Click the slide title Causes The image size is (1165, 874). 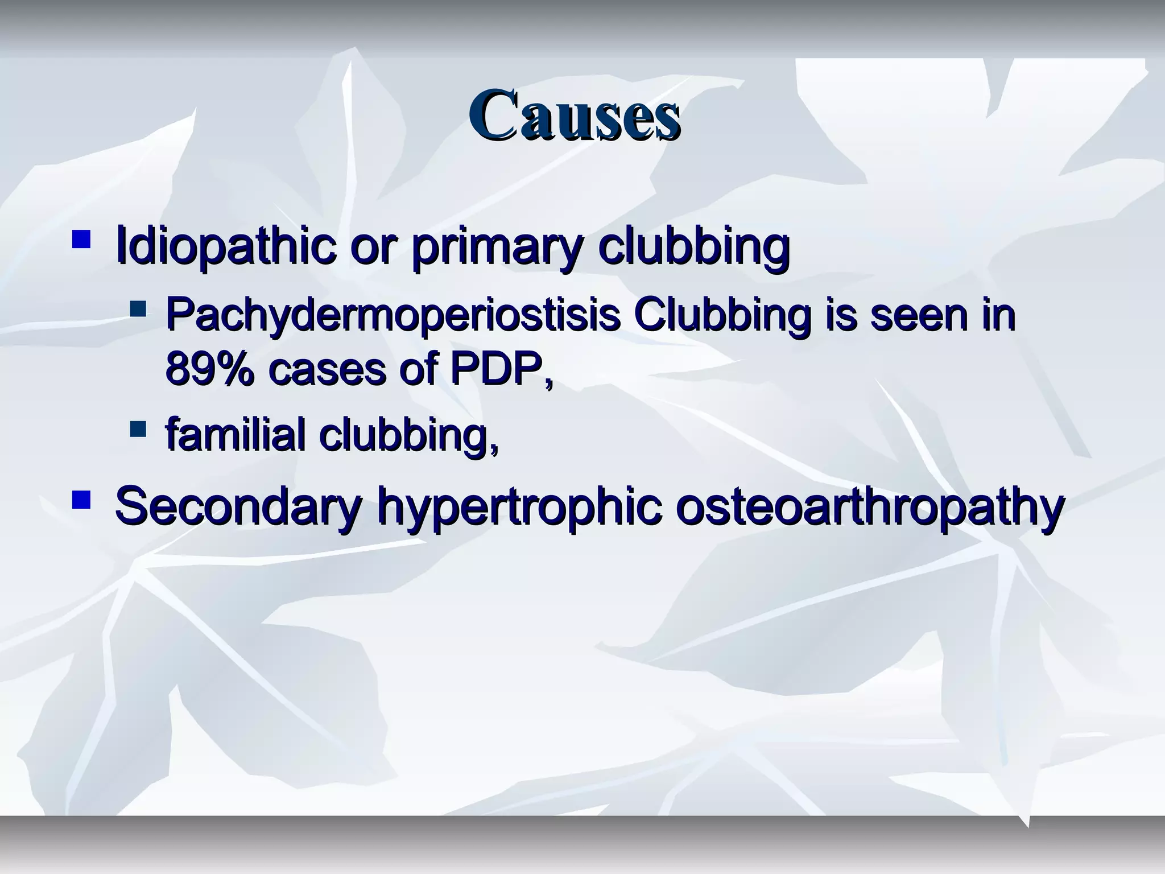click(x=574, y=116)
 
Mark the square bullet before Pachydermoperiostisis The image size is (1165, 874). click(x=138, y=310)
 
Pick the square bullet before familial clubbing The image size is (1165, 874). click(x=138, y=428)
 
